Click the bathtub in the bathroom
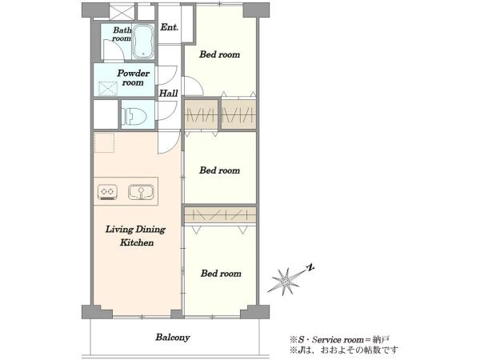point(143,42)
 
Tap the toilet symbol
point(134,116)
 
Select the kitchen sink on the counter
point(141,192)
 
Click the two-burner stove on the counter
point(107,192)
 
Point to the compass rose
point(285,281)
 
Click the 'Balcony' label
point(173,338)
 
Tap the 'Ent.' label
point(170,27)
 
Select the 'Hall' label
point(168,93)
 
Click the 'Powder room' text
point(133,78)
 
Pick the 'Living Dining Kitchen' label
point(136,236)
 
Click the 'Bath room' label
point(122,34)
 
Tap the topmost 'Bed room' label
point(219,54)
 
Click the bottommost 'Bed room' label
point(221,274)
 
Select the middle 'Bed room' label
point(219,170)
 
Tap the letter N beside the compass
point(310,268)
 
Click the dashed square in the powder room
point(108,89)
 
